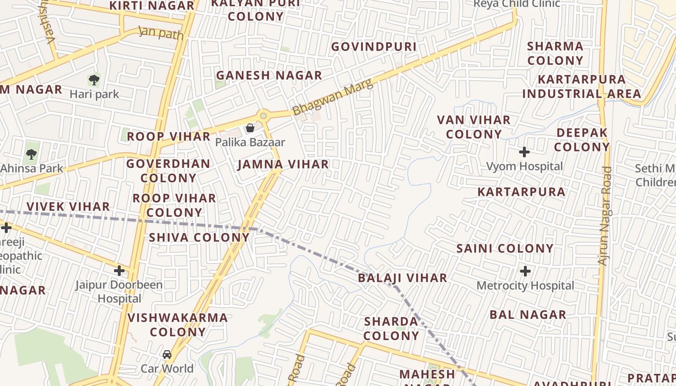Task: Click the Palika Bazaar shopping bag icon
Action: pyautogui.click(x=250, y=128)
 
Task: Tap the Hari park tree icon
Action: pyautogui.click(x=94, y=80)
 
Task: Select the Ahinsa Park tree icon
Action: pyautogui.click(x=31, y=154)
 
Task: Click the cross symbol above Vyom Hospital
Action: pyautogui.click(x=524, y=152)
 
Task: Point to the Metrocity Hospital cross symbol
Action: pyautogui.click(x=525, y=271)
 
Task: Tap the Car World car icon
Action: pyautogui.click(x=167, y=355)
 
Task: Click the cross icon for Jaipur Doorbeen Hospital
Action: pyautogui.click(x=119, y=271)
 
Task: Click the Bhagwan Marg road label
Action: pyautogui.click(x=333, y=97)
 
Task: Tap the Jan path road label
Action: pyautogui.click(x=161, y=33)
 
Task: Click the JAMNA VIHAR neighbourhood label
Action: pyautogui.click(x=283, y=165)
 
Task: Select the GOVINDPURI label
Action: pyautogui.click(x=373, y=47)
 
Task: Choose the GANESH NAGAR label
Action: pyautogui.click(x=269, y=75)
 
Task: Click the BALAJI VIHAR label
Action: pyautogui.click(x=402, y=278)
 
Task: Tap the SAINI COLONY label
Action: pyautogui.click(x=505, y=248)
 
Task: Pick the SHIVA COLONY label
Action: pyautogui.click(x=199, y=237)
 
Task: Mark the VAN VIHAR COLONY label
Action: pyautogui.click(x=474, y=127)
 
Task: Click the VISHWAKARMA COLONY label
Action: pyautogui.click(x=178, y=325)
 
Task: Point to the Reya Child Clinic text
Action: pyautogui.click(x=517, y=4)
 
